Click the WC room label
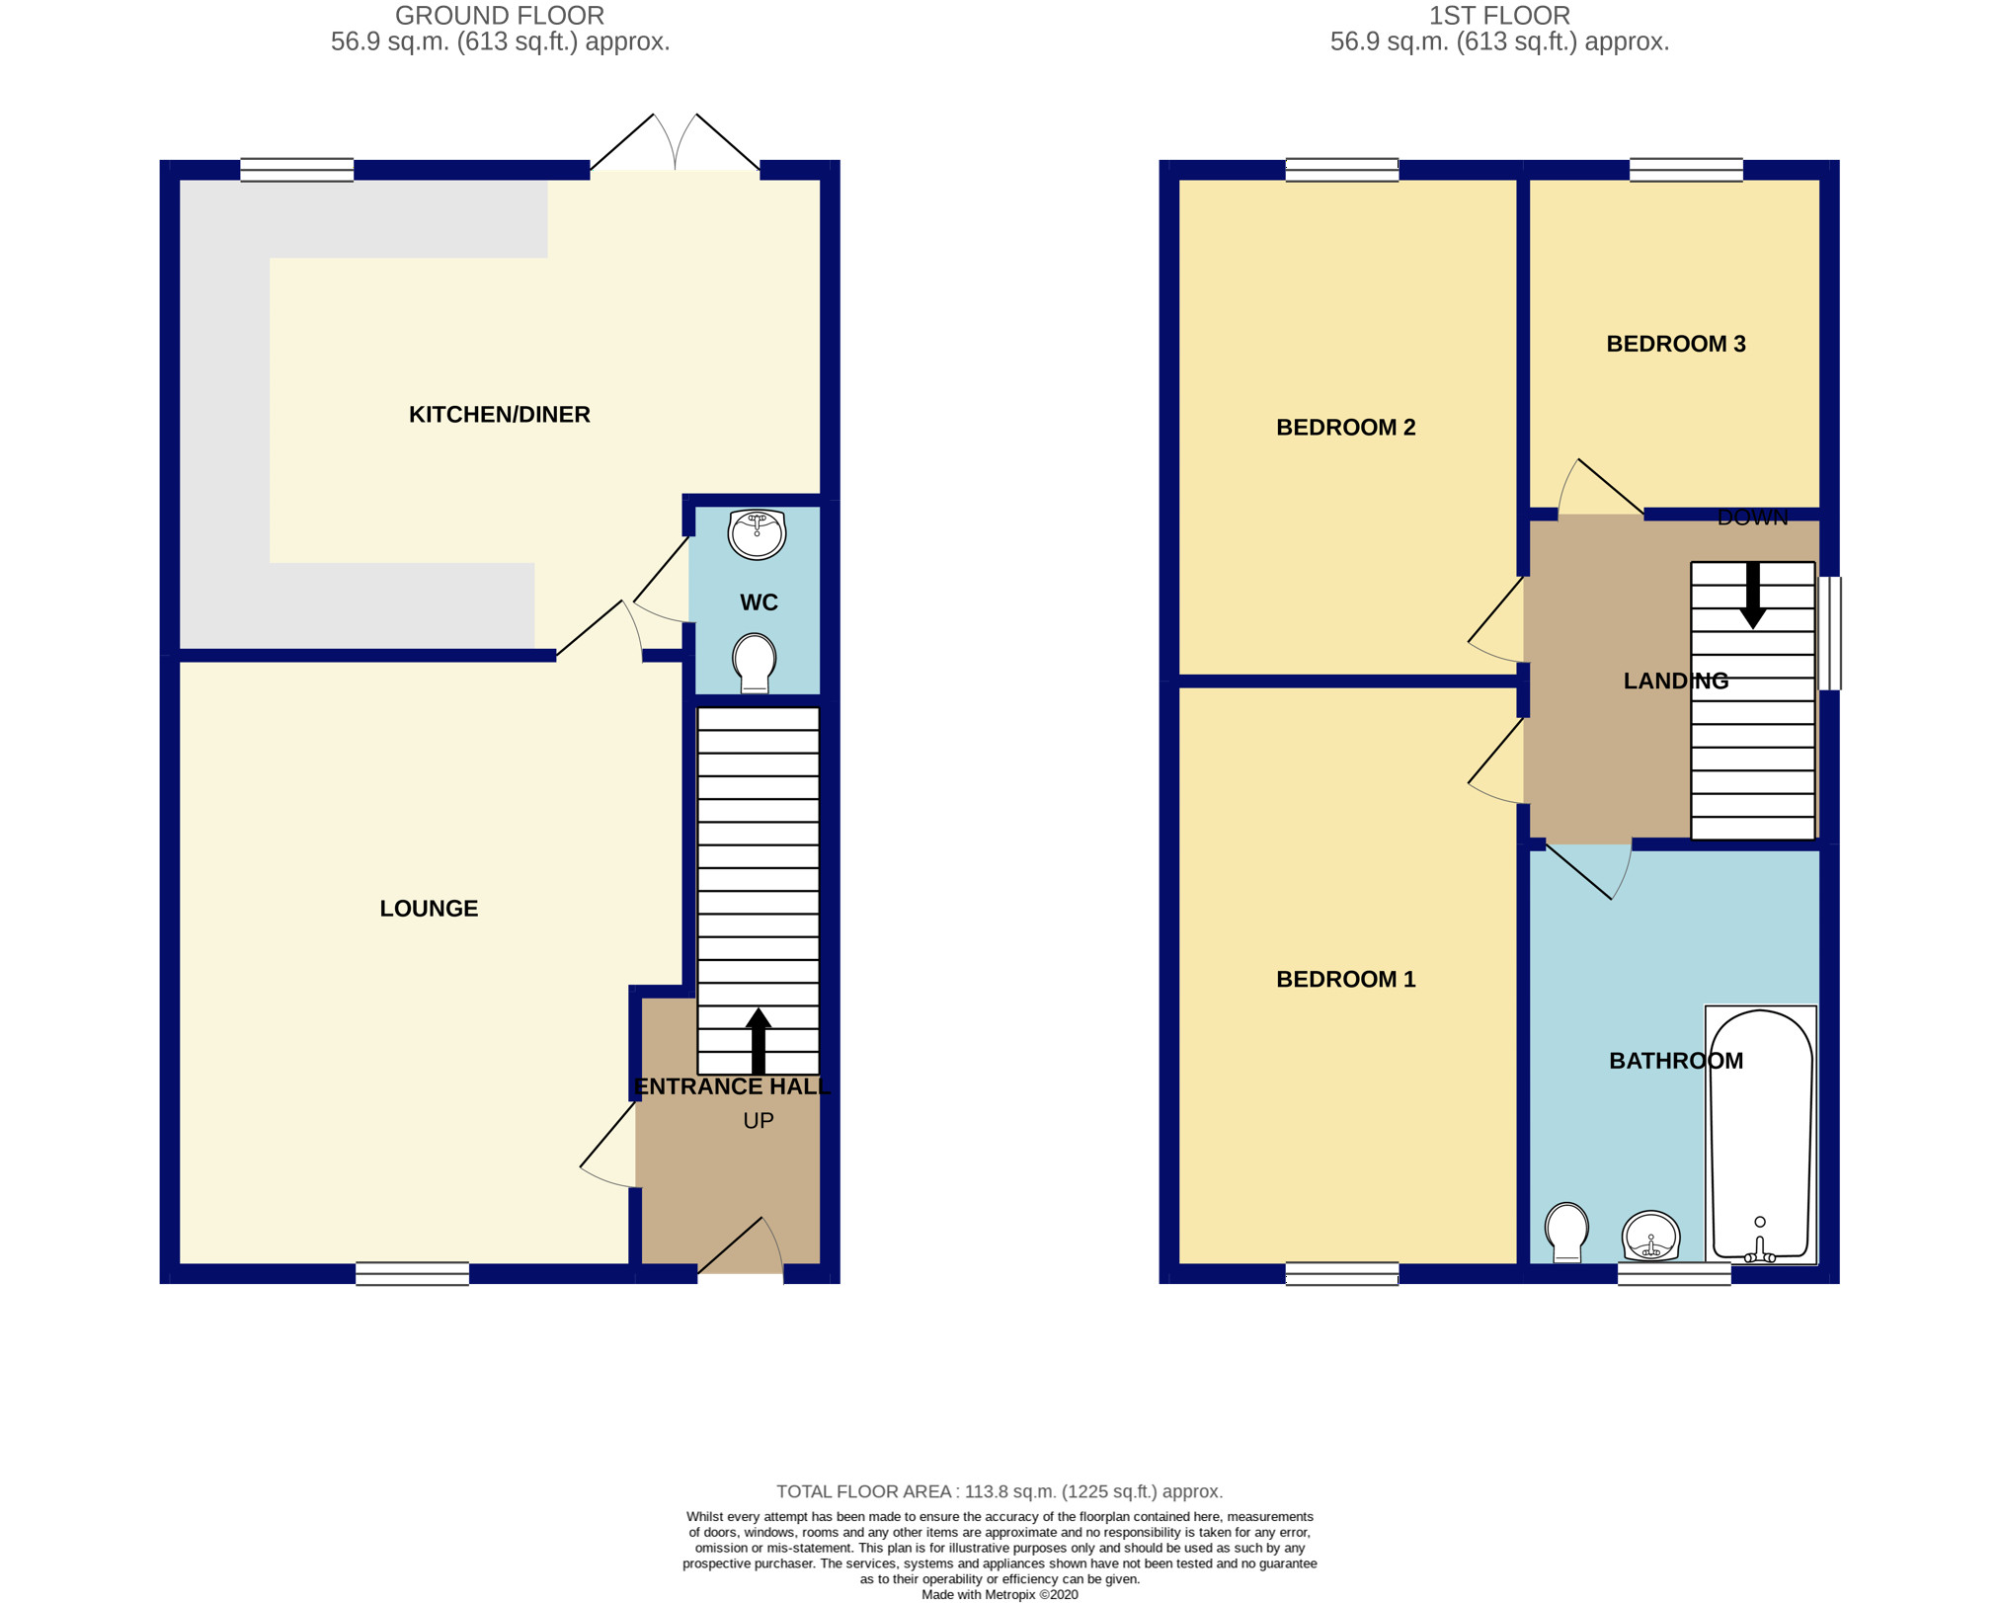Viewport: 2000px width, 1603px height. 759,602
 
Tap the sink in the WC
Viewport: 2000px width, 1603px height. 757,534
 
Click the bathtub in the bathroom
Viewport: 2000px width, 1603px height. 1761,1136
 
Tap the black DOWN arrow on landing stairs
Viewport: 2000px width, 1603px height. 1753,595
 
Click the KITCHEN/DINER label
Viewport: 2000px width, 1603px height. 500,415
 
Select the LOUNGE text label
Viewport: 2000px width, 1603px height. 429,909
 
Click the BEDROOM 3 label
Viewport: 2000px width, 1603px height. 1676,344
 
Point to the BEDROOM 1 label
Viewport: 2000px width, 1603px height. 1345,979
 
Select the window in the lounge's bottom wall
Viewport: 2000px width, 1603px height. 412,1274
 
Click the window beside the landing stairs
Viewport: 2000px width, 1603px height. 1830,633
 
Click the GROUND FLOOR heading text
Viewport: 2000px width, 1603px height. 499,16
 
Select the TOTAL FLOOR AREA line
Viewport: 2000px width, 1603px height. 999,1491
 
